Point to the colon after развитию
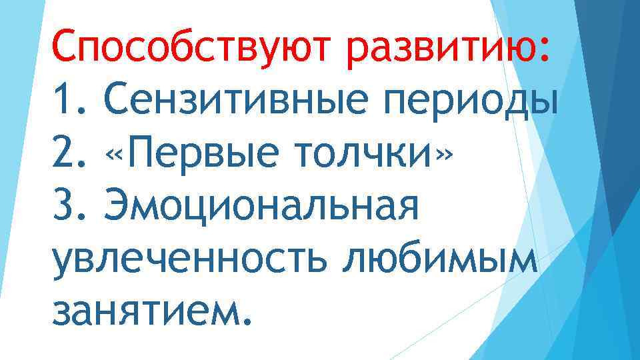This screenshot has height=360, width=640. (x=545, y=48)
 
